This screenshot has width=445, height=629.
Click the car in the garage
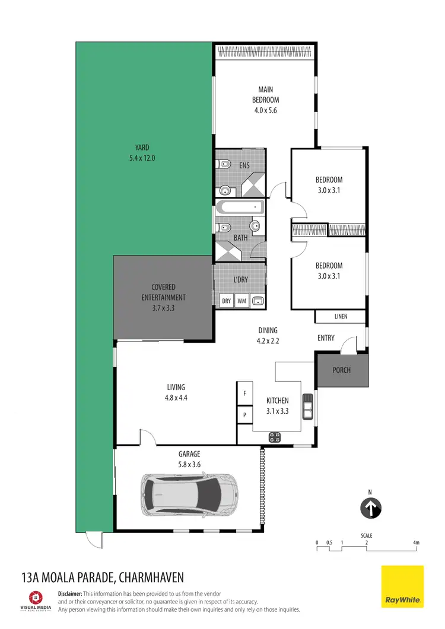[190, 494]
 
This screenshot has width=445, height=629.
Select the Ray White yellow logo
[402, 586]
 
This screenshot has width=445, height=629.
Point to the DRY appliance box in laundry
[226, 301]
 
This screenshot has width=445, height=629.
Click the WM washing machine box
[241, 301]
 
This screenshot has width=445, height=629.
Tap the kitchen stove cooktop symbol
[275, 438]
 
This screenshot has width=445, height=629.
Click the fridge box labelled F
[244, 393]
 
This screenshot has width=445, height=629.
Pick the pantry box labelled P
[244, 415]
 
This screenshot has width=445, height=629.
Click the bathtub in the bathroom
[240, 208]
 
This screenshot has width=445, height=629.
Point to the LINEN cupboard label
[341, 317]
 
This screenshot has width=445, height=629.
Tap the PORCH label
[342, 370]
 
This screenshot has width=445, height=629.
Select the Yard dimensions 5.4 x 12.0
[141, 158]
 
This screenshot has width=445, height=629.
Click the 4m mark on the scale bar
[417, 542]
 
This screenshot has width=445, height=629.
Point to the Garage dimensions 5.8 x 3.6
[190, 465]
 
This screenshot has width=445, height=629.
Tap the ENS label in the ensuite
[244, 166]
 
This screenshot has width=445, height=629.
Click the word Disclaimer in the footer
[69, 593]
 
